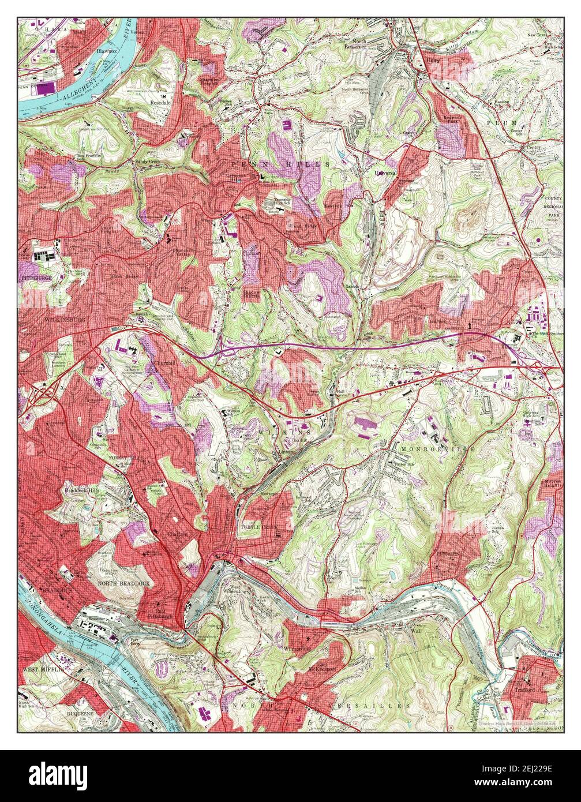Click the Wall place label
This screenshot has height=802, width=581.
tap(417, 631)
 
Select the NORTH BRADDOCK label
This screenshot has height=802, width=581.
tap(123, 583)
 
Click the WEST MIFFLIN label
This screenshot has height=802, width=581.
tap(42, 670)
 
